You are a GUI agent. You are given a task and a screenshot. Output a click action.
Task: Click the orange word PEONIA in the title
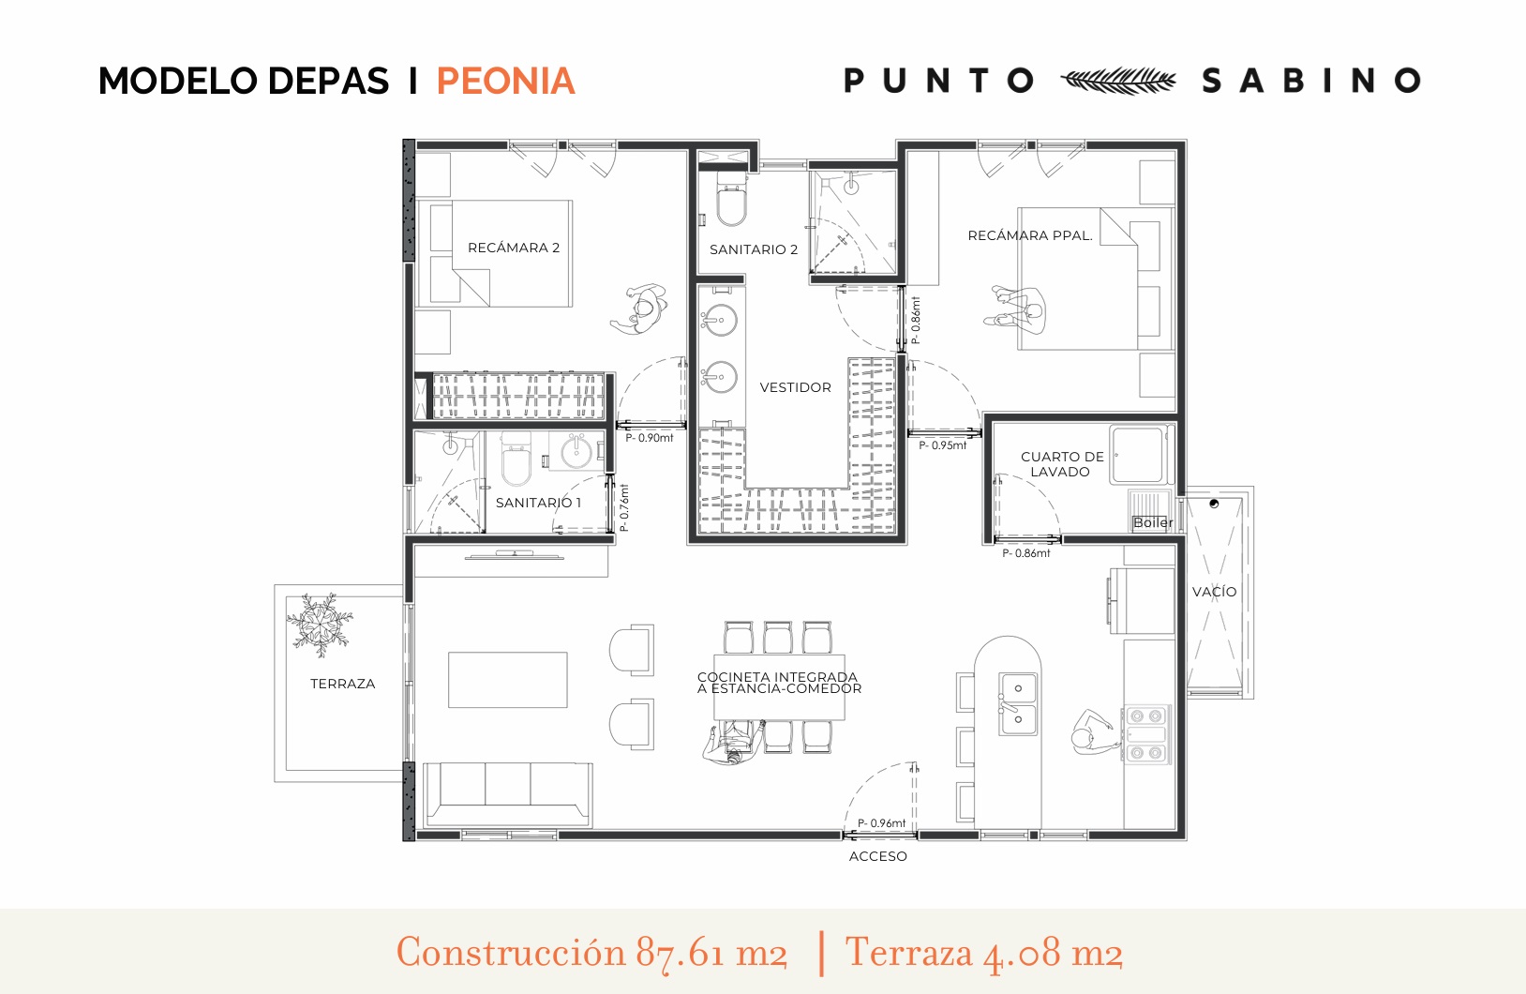click(x=505, y=82)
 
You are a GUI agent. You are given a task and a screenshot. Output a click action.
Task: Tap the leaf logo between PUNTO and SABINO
click(x=1118, y=81)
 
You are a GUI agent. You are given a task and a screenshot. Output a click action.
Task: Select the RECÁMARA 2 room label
click(x=514, y=248)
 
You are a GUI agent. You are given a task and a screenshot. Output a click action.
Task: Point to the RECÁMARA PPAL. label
click(x=1030, y=235)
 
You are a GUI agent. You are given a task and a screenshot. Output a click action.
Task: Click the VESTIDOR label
click(x=795, y=387)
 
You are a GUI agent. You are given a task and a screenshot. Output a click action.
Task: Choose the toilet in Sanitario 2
click(x=732, y=198)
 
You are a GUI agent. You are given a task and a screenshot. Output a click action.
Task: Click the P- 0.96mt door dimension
click(x=881, y=823)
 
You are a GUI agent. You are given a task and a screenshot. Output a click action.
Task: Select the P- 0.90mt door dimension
click(x=650, y=438)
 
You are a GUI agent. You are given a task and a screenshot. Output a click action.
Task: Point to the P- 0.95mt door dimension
click(x=942, y=445)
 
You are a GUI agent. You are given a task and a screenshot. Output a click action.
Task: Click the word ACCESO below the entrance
click(x=878, y=856)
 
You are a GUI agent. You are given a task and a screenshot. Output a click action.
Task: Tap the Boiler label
click(x=1153, y=522)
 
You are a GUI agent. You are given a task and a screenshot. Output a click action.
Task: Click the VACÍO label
click(x=1214, y=591)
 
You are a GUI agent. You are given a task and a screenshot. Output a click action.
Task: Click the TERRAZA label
click(x=343, y=683)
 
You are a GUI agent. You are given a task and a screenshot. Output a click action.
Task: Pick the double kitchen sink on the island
click(x=1018, y=703)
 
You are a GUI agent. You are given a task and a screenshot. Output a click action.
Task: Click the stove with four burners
click(x=1146, y=734)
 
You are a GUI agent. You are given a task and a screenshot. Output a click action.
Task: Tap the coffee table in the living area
click(x=507, y=680)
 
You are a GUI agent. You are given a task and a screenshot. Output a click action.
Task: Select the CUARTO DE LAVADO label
click(x=1061, y=464)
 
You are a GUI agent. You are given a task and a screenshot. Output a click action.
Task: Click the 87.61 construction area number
click(x=680, y=953)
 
